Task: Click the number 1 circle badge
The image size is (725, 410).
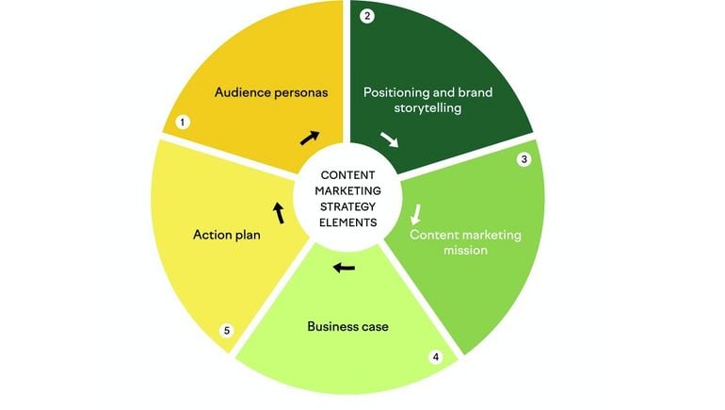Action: click(183, 123)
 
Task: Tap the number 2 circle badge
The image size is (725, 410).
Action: click(367, 16)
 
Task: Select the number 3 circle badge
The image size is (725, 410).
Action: click(524, 159)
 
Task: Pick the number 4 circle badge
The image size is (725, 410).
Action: click(436, 357)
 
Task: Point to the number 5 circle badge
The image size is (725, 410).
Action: click(227, 331)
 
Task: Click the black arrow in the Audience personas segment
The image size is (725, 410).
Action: click(310, 138)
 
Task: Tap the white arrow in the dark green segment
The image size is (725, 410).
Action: click(389, 139)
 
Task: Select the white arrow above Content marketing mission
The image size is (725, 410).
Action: click(416, 214)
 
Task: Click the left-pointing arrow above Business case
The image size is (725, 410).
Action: click(344, 268)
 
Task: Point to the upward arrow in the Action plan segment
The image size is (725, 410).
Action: click(279, 213)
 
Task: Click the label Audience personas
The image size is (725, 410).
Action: click(271, 92)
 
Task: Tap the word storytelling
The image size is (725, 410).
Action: click(427, 108)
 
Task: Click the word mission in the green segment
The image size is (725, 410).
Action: click(466, 251)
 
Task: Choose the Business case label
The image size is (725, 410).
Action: click(347, 327)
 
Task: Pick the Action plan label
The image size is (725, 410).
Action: click(227, 235)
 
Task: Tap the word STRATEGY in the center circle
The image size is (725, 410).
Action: click(347, 206)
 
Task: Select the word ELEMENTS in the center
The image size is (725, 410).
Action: click(347, 222)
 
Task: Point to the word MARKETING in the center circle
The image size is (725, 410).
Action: click(347, 190)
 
